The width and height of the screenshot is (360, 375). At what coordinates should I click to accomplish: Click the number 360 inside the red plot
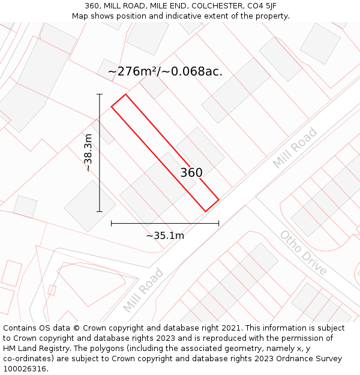coord(191,173)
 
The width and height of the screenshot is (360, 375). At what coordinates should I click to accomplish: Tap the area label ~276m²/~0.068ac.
coord(165,71)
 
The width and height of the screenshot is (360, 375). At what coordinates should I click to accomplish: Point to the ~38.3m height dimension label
coord(88,152)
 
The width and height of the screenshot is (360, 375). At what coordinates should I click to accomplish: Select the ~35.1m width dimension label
coord(165,235)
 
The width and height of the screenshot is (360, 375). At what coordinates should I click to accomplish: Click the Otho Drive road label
coord(304,253)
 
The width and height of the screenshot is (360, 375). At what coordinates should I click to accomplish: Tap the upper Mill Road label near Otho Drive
coord(295,148)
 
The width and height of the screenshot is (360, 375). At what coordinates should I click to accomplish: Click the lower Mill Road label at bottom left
coord(143,290)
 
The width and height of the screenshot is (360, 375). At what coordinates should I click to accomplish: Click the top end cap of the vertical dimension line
coord(100,94)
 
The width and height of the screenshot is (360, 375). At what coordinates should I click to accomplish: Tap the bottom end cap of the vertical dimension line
coord(100,211)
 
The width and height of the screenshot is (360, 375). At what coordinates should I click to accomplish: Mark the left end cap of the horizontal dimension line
coord(112,223)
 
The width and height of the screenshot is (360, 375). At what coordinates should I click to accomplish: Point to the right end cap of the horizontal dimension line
coord(218,223)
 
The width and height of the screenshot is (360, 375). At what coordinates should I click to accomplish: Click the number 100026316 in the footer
coord(23,368)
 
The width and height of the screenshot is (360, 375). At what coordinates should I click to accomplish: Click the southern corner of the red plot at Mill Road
coord(206,211)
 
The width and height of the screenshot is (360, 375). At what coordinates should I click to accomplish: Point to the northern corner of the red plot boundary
coord(125,94)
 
